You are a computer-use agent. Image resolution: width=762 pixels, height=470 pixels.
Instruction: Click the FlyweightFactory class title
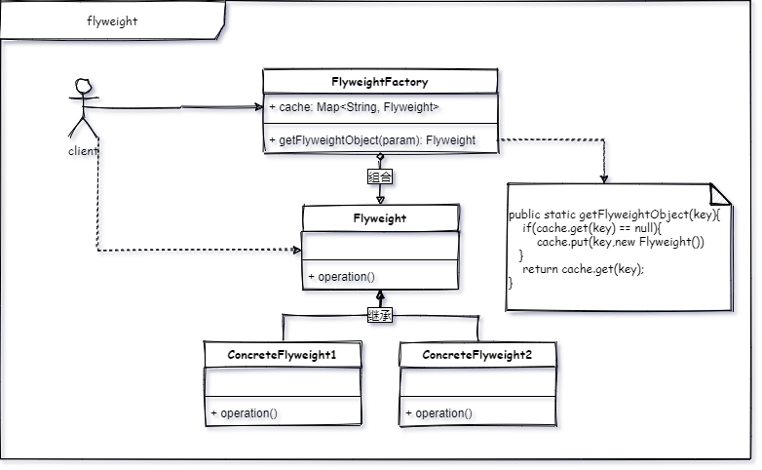pos(380,82)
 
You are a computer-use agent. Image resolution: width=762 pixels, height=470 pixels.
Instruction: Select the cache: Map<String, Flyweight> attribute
pos(354,107)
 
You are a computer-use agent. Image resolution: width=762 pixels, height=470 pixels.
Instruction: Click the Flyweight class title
pos(380,218)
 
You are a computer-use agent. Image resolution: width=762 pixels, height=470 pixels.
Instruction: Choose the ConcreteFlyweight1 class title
pos(282,355)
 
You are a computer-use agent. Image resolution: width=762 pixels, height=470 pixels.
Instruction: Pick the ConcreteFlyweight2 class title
pos(477,355)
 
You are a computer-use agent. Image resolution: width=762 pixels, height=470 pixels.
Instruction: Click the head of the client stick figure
pos(84,86)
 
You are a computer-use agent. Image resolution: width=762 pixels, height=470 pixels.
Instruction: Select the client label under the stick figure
pos(83,151)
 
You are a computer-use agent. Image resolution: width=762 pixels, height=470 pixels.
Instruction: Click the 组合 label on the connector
pos(380,176)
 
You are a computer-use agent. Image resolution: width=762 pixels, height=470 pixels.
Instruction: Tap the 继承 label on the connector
pos(380,315)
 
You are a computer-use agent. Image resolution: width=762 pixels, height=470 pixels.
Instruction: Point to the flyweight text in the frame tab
pos(112,20)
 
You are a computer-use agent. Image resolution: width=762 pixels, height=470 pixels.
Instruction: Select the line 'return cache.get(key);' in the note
pos(583,269)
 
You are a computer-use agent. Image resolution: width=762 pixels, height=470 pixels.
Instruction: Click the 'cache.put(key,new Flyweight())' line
pos(621,242)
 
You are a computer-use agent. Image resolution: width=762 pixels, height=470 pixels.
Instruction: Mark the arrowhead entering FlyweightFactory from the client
pos(259,107)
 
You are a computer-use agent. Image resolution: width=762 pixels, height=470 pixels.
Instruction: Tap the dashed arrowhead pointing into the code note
pos(603,179)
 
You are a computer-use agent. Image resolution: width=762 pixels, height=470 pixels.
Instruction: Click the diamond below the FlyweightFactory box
pos(380,157)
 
